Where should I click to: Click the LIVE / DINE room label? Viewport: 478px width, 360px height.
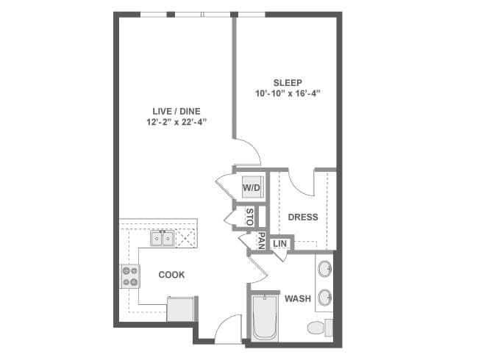click(176, 111)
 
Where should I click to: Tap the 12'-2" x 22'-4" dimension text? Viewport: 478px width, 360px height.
click(176, 122)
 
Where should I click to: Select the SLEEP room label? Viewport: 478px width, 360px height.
click(288, 82)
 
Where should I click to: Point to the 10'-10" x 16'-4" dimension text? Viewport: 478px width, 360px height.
click(288, 93)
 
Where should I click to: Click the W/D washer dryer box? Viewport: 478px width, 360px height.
click(252, 187)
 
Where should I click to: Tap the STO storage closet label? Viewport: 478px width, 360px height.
click(249, 217)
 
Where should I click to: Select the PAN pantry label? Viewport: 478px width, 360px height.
click(261, 240)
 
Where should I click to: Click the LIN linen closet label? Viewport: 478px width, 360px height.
click(279, 244)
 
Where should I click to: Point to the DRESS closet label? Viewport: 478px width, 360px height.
click(303, 217)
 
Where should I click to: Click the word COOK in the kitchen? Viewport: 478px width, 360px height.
click(171, 275)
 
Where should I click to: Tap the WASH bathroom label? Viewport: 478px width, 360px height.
click(298, 298)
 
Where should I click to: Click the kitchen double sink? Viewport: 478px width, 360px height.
click(163, 238)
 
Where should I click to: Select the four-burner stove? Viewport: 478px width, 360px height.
click(130, 276)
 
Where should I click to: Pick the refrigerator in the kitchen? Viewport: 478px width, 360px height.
click(180, 309)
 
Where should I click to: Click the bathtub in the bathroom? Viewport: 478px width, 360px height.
click(265, 317)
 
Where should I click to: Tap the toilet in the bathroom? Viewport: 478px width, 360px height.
click(320, 328)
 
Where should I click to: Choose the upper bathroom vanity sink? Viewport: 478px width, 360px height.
click(325, 269)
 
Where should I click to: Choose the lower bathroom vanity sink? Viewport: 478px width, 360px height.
click(325, 298)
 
